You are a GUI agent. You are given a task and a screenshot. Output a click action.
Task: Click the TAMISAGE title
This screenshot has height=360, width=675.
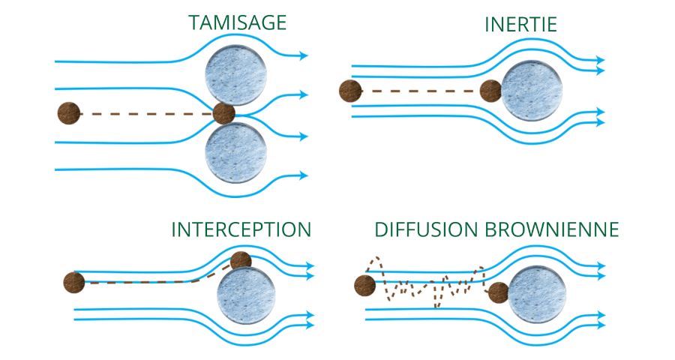(x=237, y=22)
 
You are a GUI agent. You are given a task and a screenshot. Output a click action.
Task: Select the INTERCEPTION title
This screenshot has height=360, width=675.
(x=241, y=229)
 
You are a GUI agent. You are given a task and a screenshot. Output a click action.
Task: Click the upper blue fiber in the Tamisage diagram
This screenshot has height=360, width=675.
(x=236, y=72)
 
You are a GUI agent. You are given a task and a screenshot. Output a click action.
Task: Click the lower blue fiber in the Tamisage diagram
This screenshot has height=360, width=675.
(x=236, y=153)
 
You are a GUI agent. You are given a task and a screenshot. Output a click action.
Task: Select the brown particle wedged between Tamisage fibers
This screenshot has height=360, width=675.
(x=224, y=114)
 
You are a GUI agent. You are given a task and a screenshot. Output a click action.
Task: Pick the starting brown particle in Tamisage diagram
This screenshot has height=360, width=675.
(x=69, y=114)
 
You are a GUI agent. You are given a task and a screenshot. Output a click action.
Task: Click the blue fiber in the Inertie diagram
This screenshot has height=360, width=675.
(x=532, y=92)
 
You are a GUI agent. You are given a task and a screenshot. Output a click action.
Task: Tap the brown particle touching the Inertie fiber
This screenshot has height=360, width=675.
(x=491, y=91)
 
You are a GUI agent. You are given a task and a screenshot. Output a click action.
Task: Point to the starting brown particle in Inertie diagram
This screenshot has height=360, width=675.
(x=350, y=91)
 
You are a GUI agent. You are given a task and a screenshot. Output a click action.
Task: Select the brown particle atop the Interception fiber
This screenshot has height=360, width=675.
(x=241, y=261)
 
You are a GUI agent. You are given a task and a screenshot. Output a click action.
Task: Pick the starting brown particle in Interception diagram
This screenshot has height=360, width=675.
(x=73, y=283)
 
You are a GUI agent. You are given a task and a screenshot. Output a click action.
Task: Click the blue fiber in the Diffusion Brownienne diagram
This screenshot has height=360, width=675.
(x=536, y=296)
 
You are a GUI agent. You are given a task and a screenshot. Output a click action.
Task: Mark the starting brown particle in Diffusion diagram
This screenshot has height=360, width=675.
(x=364, y=285)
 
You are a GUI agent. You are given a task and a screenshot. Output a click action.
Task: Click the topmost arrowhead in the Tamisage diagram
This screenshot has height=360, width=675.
(x=303, y=55)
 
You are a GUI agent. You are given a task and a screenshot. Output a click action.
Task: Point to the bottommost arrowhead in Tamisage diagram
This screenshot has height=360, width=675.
(x=303, y=175)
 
